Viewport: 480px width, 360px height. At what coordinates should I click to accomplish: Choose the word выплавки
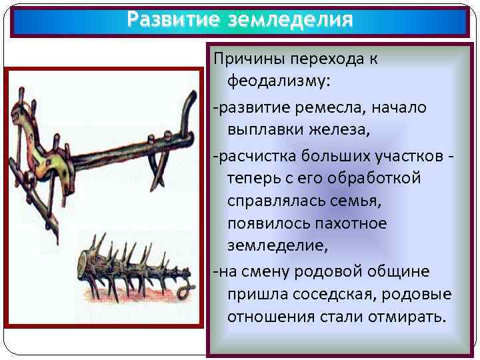tap(265, 130)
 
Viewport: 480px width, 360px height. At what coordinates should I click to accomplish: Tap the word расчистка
tap(251, 155)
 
